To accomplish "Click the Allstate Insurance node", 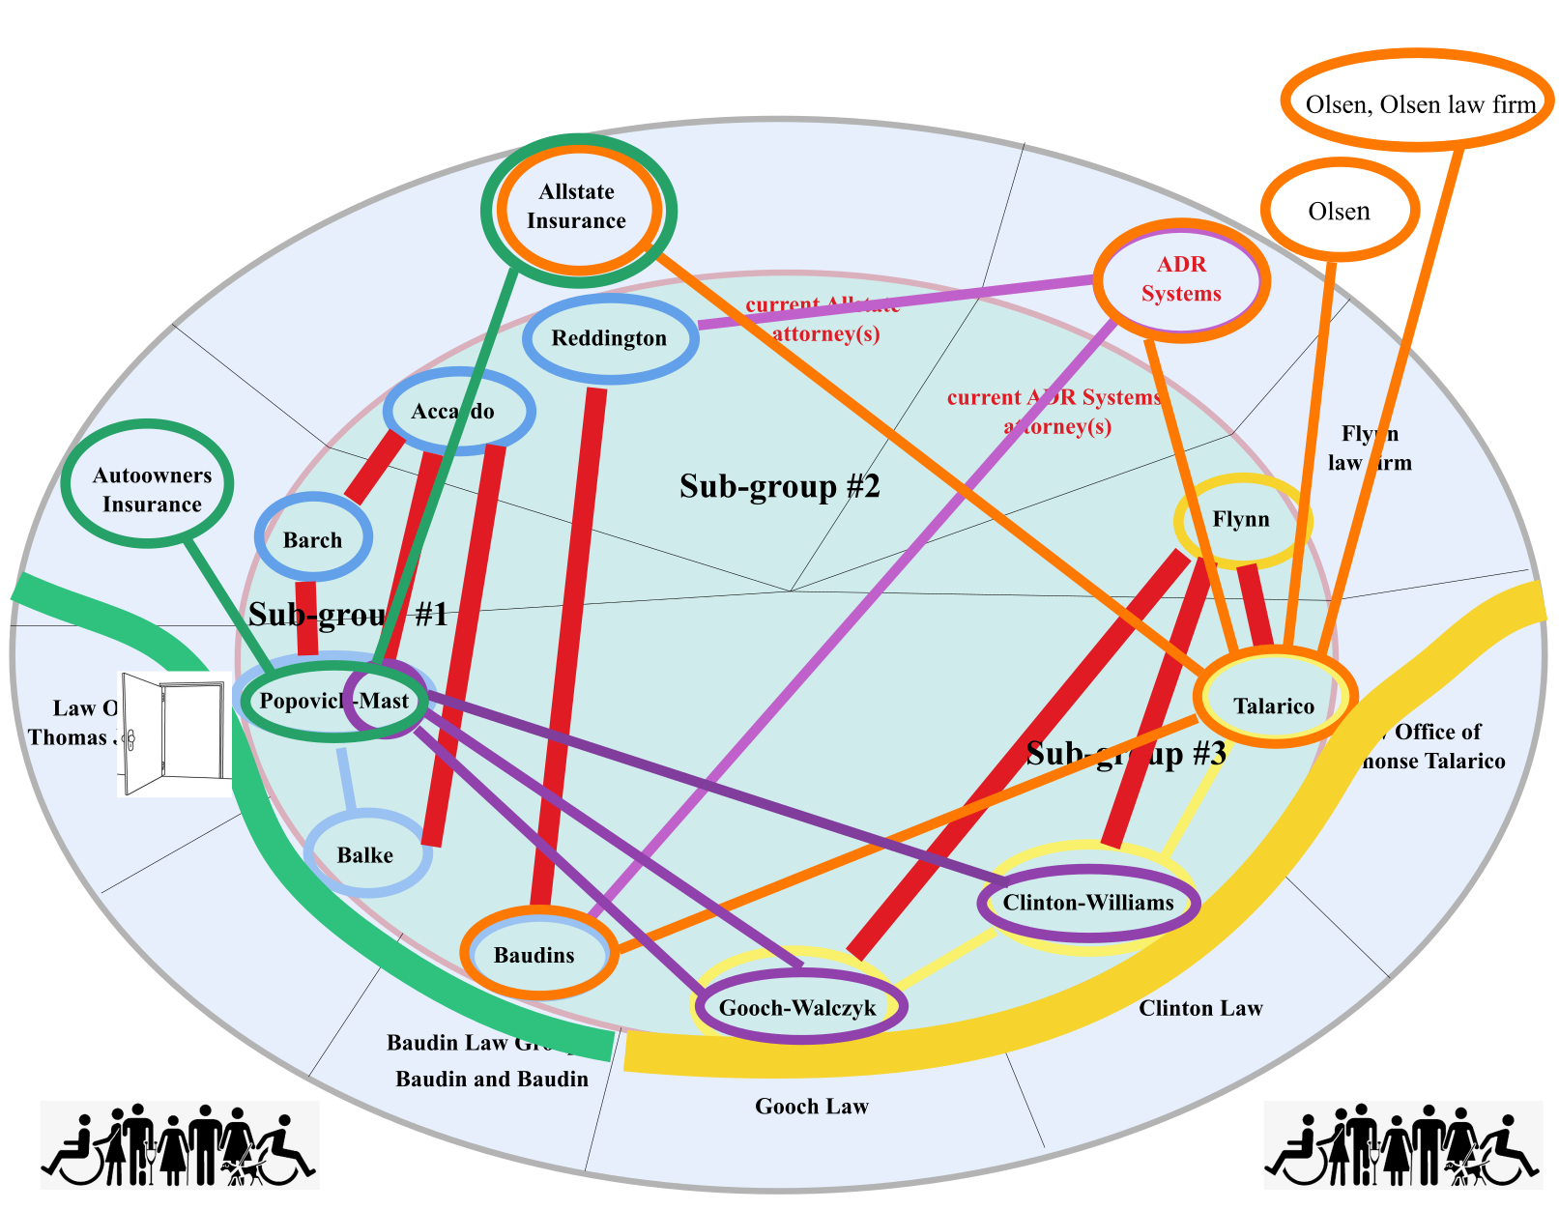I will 577,208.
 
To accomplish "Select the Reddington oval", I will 610,338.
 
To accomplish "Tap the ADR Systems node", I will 1181,280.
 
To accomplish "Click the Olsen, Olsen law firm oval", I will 1418,102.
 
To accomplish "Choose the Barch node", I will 312,539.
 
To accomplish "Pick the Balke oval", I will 366,854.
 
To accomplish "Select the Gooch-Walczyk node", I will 798,1007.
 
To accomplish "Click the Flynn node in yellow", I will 1242,520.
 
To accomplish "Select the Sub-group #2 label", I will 779,485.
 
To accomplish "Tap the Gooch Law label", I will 812,1106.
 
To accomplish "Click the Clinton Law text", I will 1200,1008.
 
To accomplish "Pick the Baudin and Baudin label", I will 492,1079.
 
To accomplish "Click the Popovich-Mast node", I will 334,701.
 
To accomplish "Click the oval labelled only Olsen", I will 1340,211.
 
